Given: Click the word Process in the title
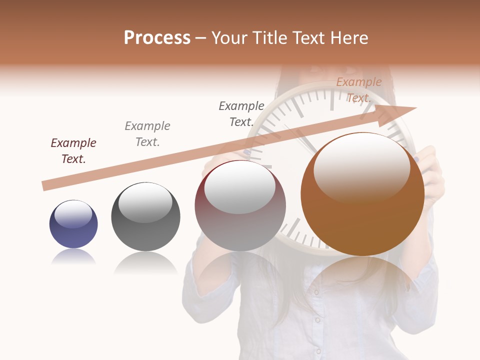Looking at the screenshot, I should [157, 38].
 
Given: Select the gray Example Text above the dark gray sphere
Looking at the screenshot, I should [147, 134].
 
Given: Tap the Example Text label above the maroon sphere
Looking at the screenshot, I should [241, 114].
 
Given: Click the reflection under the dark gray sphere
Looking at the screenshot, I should [145, 262].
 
